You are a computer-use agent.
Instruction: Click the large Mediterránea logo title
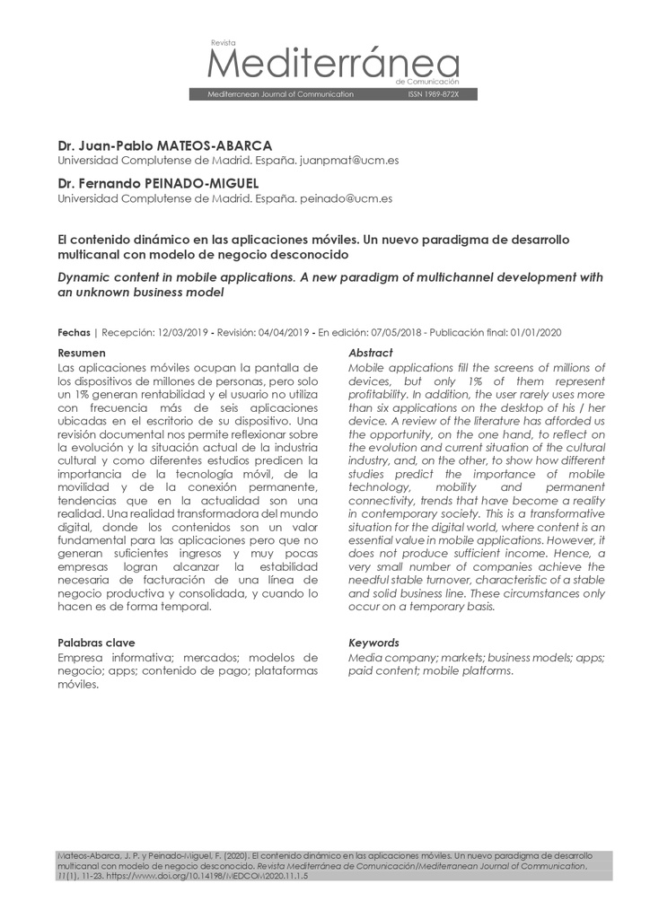point(333,64)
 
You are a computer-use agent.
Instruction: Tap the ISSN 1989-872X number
point(433,94)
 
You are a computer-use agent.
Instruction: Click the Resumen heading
point(81,353)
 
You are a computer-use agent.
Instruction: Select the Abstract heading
point(370,353)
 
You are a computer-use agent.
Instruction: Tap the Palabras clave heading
point(96,643)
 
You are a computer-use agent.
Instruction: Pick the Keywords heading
point(373,643)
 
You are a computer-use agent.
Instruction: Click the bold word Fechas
point(74,332)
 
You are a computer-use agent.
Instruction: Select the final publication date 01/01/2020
point(532,332)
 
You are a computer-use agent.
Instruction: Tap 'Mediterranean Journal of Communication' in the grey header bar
point(280,94)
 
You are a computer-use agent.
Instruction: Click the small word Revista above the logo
point(222,42)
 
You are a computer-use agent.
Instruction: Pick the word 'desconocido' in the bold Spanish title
point(311,255)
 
